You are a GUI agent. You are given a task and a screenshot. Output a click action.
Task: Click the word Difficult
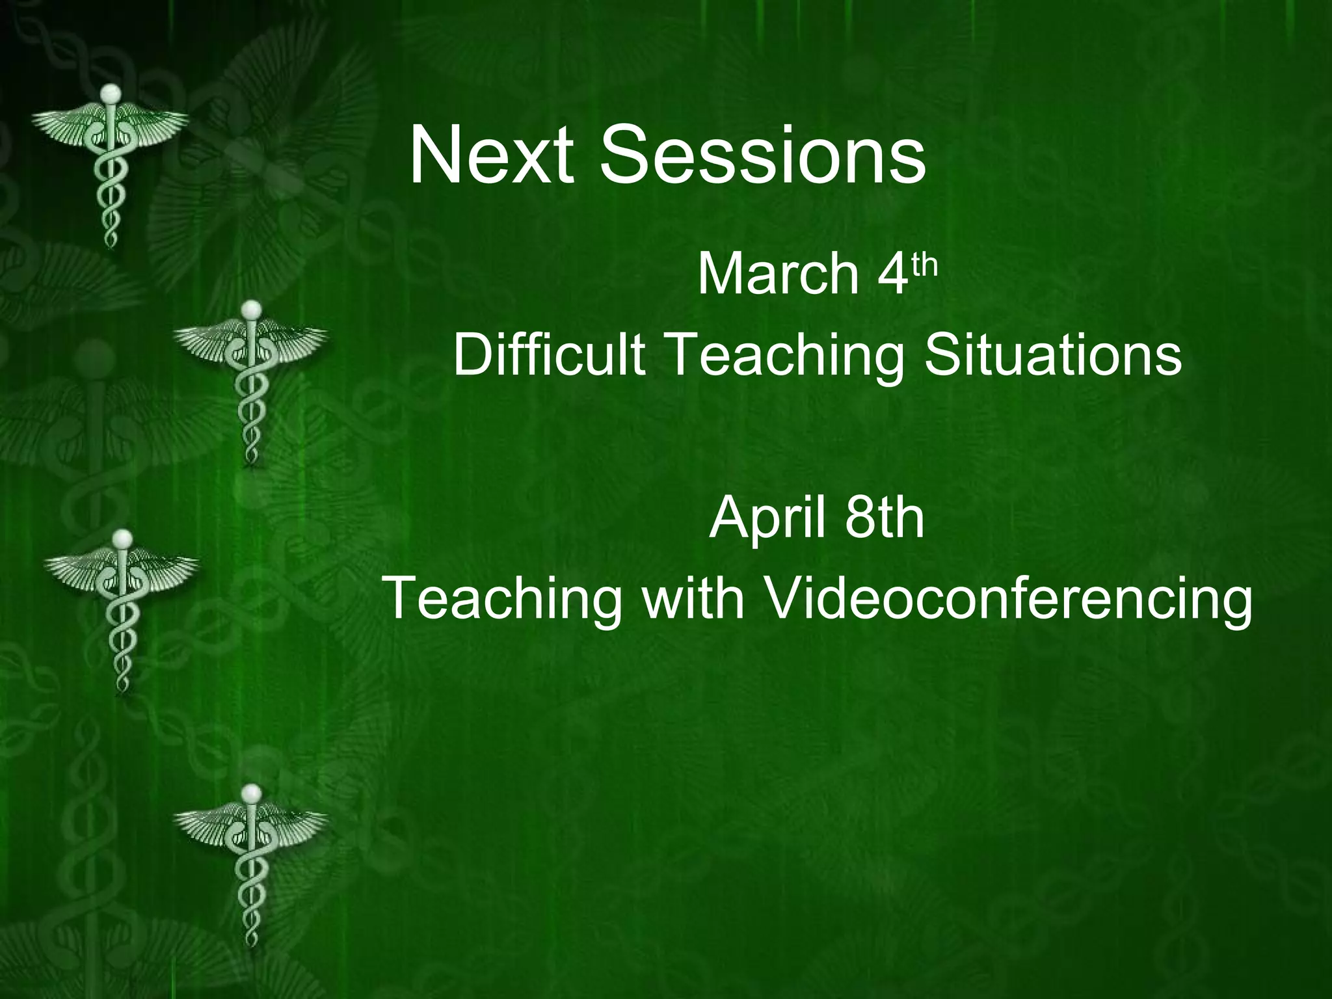pos(549,355)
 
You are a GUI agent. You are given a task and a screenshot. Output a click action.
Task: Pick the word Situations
pos(1052,355)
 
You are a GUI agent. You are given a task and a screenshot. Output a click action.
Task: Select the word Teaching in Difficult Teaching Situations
pos(784,356)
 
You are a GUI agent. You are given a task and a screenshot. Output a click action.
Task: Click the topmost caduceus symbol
pos(110,163)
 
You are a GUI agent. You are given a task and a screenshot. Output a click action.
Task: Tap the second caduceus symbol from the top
pos(250,380)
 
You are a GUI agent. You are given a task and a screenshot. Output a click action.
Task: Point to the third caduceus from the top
pos(122,608)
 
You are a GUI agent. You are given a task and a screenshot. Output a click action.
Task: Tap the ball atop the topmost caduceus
pos(112,94)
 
